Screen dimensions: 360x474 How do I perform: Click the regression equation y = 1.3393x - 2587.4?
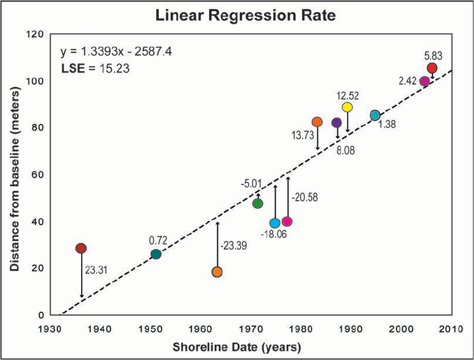point(117,52)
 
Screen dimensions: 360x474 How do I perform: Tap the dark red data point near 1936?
point(81,248)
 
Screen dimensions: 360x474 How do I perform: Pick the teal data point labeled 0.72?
point(156,254)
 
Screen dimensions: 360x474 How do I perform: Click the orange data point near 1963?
point(217,272)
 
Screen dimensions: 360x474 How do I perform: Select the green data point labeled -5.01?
point(257,203)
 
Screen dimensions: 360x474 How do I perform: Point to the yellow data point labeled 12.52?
point(347,107)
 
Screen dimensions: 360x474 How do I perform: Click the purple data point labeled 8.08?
point(336,123)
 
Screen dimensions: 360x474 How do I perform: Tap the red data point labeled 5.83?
point(432,68)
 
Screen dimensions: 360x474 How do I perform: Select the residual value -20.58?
point(305,197)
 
